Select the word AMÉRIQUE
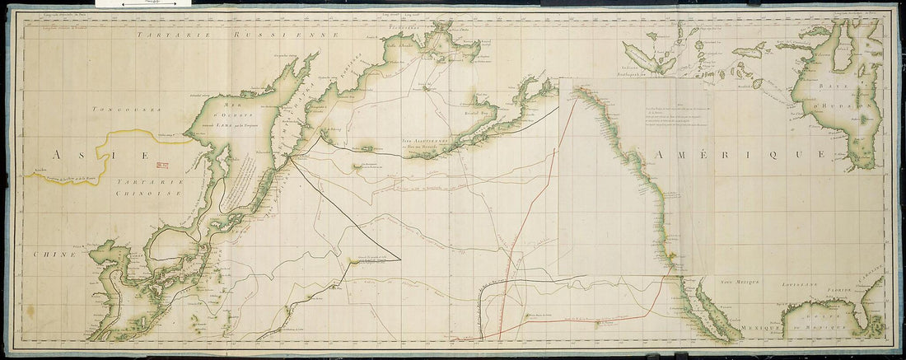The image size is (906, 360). pos(736,154)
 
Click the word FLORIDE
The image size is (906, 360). pos(843,289)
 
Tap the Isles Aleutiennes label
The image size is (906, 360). pos(431,142)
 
